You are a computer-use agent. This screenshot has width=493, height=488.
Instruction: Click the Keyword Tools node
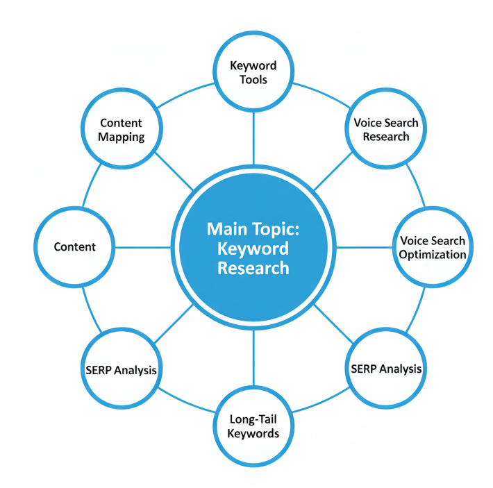(253, 72)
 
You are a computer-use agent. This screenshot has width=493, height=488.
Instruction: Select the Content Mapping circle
(122, 129)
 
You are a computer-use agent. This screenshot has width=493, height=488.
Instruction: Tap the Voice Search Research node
(386, 129)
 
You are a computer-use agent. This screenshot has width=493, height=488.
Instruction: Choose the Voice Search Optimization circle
(432, 247)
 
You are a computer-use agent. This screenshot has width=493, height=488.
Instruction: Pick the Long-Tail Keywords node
(253, 426)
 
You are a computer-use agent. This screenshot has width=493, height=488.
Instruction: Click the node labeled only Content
(74, 247)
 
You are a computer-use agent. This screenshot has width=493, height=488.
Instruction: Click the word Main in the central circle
(228, 228)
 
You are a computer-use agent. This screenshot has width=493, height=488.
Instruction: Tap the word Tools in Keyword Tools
(253, 79)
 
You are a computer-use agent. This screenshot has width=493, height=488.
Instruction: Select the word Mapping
(122, 137)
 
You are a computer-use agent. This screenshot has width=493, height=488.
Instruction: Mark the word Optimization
(432, 255)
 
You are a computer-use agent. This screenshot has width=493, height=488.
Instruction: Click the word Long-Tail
(253, 419)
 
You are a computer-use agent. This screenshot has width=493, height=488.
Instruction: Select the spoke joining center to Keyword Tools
(253, 139)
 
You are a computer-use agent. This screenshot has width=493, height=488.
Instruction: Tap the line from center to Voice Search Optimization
(365, 247)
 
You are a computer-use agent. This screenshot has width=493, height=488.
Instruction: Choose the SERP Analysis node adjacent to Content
(122, 369)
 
